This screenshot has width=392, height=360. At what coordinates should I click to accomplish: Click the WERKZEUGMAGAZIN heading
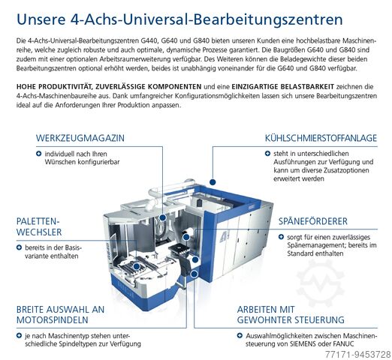[80, 138]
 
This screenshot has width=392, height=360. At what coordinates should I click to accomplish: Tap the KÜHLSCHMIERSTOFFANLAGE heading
[321, 138]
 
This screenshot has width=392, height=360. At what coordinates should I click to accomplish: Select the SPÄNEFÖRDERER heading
[313, 221]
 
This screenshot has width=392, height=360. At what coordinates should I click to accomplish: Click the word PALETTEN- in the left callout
[38, 221]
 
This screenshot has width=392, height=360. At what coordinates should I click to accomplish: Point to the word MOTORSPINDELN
[53, 320]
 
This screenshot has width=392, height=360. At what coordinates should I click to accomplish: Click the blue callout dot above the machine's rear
[213, 182]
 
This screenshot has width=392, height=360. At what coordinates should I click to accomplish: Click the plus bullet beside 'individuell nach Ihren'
[39, 154]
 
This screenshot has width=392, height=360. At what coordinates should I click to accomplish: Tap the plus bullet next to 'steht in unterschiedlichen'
[267, 153]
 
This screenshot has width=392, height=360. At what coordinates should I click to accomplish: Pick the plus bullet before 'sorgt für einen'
[281, 237]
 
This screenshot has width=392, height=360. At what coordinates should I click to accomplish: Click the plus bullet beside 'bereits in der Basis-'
[19, 247]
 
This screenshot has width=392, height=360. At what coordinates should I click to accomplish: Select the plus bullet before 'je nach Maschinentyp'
[19, 335]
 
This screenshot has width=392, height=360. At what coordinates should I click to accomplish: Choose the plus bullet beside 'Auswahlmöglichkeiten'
[240, 335]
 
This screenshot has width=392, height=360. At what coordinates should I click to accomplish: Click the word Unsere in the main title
[41, 19]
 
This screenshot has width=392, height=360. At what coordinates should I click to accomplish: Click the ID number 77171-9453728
[357, 354]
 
